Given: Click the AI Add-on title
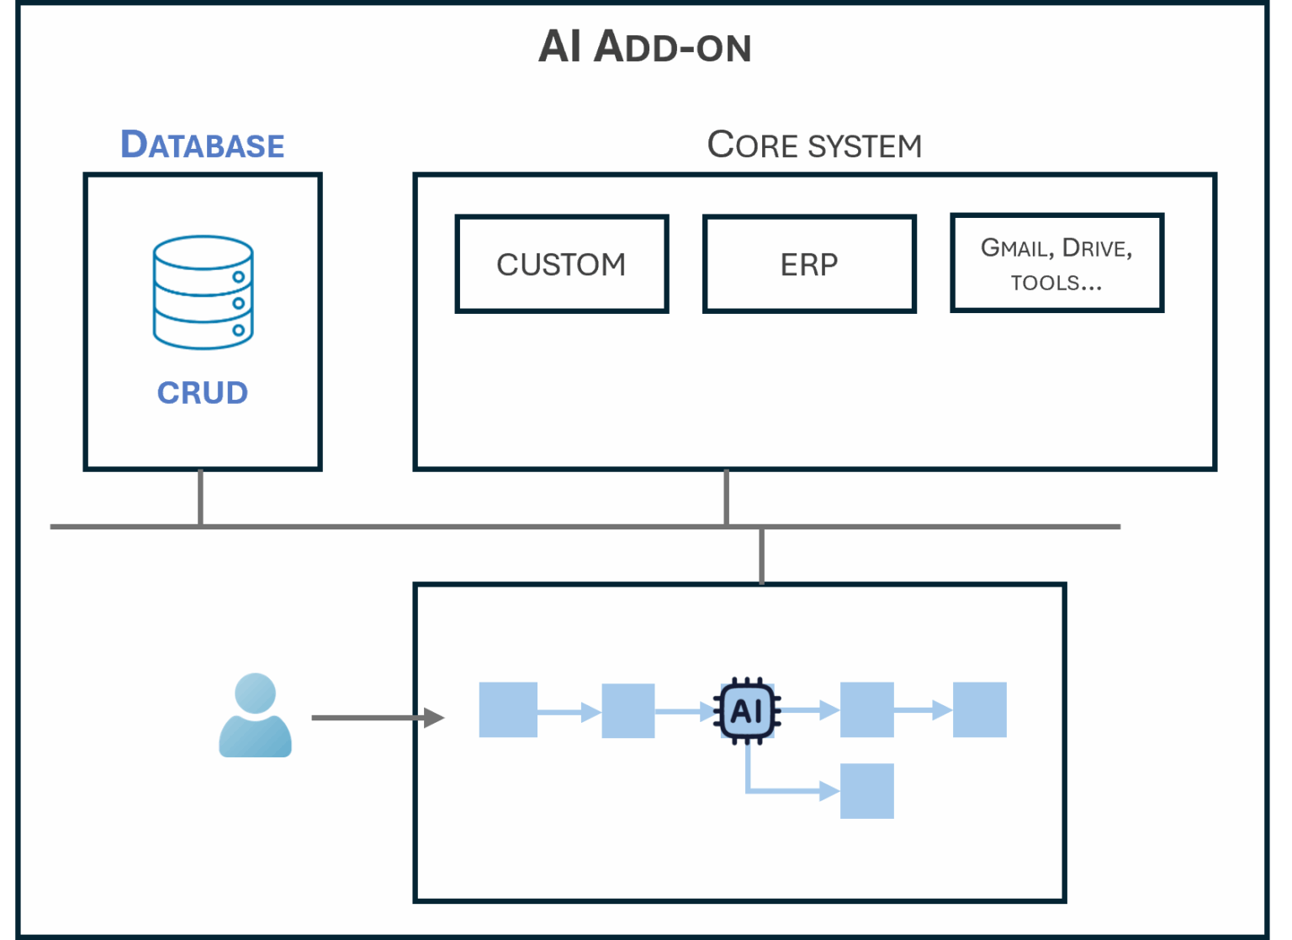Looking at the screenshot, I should click(645, 46).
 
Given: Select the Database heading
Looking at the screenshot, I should click(203, 145).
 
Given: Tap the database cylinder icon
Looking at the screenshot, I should click(203, 292).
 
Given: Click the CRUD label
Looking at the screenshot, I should click(203, 393).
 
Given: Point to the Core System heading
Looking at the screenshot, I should click(814, 145).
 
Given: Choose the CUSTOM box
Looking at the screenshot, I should click(561, 264).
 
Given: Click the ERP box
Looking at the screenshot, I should click(809, 264).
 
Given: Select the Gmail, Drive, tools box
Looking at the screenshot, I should click(1056, 263).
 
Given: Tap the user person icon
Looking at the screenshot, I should click(255, 715).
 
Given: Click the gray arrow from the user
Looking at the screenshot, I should click(376, 718).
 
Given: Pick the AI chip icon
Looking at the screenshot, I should click(747, 711).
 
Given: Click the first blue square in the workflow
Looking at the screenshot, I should click(508, 710).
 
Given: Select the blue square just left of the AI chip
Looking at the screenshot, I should click(628, 711).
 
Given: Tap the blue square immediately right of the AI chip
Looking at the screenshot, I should click(866, 710).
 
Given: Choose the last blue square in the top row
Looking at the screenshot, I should click(979, 710).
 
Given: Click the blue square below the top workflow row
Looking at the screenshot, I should click(866, 791).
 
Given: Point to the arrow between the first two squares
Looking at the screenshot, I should click(569, 713).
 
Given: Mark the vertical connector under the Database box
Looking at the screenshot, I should click(200, 497).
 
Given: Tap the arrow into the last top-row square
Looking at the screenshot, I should click(923, 711).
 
